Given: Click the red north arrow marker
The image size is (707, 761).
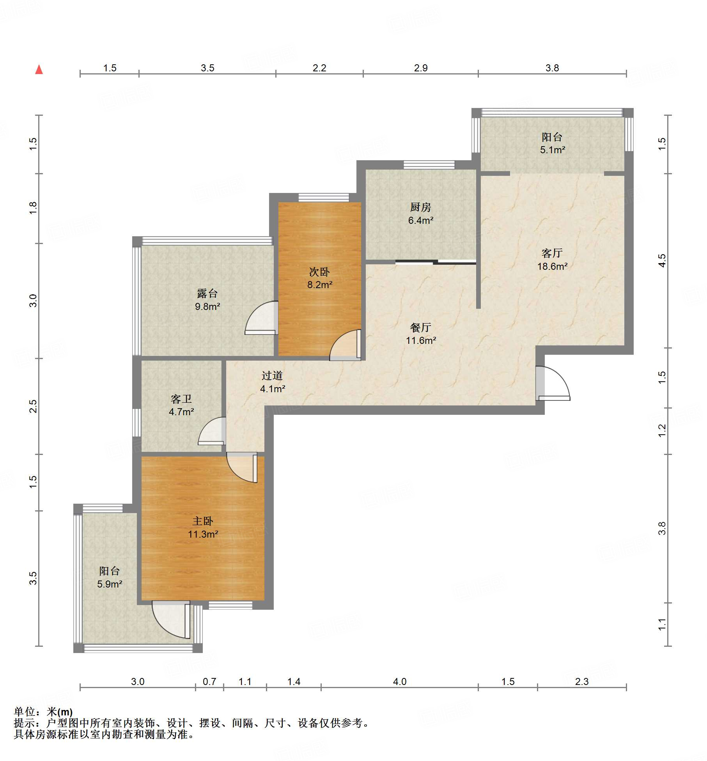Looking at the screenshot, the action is click(39, 69).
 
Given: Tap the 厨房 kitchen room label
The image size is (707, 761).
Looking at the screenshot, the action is click(420, 207).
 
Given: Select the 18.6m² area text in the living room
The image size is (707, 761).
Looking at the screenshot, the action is click(552, 266).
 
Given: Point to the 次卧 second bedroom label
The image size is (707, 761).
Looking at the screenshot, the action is click(319, 272).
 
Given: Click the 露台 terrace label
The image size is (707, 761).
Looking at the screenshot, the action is click(207, 293).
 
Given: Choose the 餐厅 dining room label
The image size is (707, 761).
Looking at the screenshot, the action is click(420, 327).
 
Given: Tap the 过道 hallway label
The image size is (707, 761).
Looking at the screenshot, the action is click(272, 375).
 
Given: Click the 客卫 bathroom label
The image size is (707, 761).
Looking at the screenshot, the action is click(181, 399).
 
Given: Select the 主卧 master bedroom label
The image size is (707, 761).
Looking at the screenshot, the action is click(203, 521).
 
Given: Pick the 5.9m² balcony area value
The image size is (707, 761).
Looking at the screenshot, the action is click(110, 584).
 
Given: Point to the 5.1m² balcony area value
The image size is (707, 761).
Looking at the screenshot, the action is click(553, 150).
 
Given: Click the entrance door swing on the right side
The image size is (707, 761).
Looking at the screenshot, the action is click(553, 384).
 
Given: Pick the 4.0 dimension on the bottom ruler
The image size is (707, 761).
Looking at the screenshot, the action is click(399, 681).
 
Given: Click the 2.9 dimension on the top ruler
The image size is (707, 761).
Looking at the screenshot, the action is click(421, 68).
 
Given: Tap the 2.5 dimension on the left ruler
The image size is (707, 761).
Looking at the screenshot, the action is click(33, 406).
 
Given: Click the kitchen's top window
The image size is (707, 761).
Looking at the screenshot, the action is click(429, 165).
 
